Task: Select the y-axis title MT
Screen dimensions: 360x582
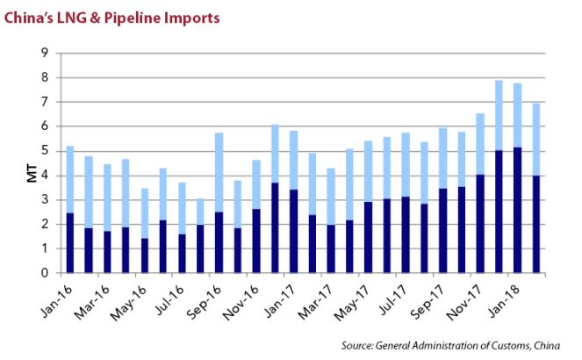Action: (33, 164)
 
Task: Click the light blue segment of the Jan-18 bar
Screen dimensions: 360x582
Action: (517, 115)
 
